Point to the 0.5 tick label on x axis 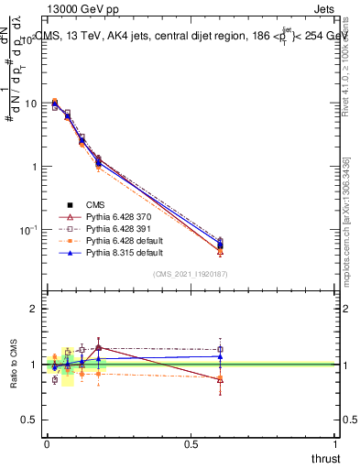tap(191, 442)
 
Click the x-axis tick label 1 tap(335, 442)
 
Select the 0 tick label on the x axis tap(46, 442)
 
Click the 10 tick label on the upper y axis tap(29, 104)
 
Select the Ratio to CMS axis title tap(14, 365)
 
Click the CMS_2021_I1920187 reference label tap(191, 274)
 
